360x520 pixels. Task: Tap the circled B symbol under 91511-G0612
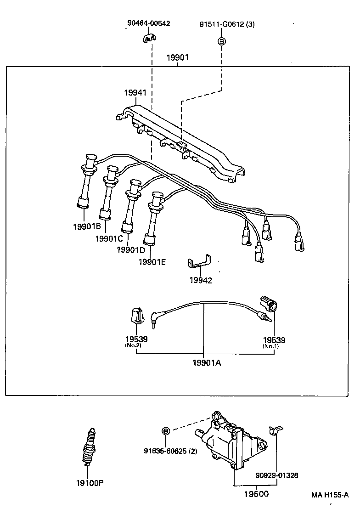tap(221, 42)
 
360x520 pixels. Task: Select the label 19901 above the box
tap(177, 58)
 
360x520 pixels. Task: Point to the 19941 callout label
tap(135, 93)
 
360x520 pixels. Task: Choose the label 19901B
tap(86, 226)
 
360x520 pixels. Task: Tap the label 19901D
tap(131, 250)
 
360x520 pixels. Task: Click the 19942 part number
tap(201, 280)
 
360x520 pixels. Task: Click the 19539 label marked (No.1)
tap(274, 340)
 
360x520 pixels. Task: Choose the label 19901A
tap(207, 363)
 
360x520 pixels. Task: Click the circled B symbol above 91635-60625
tap(166, 431)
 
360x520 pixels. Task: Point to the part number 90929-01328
tap(277, 475)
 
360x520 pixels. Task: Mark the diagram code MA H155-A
tap(330, 495)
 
